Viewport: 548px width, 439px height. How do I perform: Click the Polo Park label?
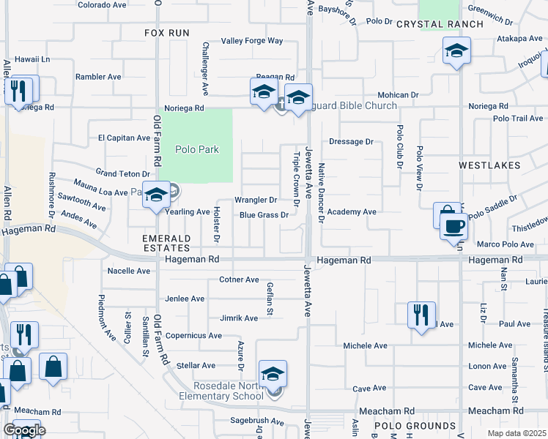pyautogui.click(x=197, y=149)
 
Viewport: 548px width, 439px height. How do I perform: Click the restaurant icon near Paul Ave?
pyautogui.click(x=421, y=315)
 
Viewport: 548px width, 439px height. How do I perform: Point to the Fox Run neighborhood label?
pyautogui.click(x=166, y=33)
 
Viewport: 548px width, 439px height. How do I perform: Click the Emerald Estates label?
pyautogui.click(x=166, y=244)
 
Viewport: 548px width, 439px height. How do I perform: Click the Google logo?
pyautogui.click(x=24, y=430)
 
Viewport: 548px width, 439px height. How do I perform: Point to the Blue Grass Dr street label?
pyautogui.click(x=264, y=215)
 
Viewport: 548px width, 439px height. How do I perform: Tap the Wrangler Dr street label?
pyautogui.click(x=255, y=200)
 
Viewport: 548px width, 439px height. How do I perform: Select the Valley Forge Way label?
pyautogui.click(x=252, y=41)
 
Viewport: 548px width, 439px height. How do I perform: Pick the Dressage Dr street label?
pyautogui.click(x=351, y=141)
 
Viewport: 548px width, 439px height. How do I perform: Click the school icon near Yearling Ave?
pyautogui.click(x=156, y=195)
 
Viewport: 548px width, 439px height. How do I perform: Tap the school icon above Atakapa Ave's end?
pyautogui.click(x=456, y=50)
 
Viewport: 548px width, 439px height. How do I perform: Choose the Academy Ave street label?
pyautogui.click(x=352, y=211)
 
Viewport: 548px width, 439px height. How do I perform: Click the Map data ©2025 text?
pyautogui.click(x=518, y=433)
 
